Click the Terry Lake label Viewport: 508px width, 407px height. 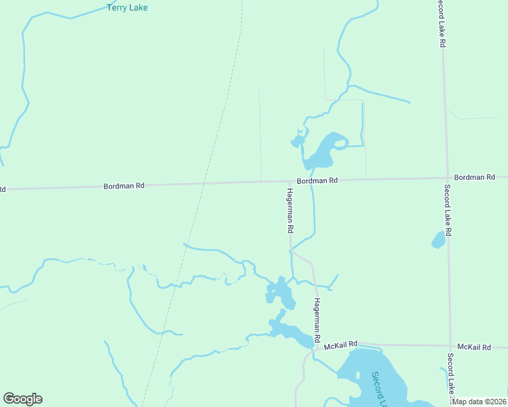[127, 7]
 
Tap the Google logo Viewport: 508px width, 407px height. [22, 399]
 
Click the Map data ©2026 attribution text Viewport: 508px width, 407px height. [479, 402]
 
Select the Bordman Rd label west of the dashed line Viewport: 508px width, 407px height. [124, 185]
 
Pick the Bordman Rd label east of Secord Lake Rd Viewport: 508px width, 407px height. [474, 177]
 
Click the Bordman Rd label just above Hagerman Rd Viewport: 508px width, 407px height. [316, 180]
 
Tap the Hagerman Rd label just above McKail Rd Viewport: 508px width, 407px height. [316, 319]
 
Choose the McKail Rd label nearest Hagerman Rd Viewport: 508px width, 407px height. [340, 345]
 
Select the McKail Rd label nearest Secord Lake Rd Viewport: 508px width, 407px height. [473, 347]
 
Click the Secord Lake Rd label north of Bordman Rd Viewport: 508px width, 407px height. [441, 23]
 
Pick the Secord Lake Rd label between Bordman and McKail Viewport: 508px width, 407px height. [448, 210]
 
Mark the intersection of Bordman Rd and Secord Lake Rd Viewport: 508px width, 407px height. [447, 178]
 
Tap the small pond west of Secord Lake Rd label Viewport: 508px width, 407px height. [439, 239]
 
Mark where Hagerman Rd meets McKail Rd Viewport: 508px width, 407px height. [316, 346]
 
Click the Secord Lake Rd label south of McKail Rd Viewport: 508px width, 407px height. [450, 373]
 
